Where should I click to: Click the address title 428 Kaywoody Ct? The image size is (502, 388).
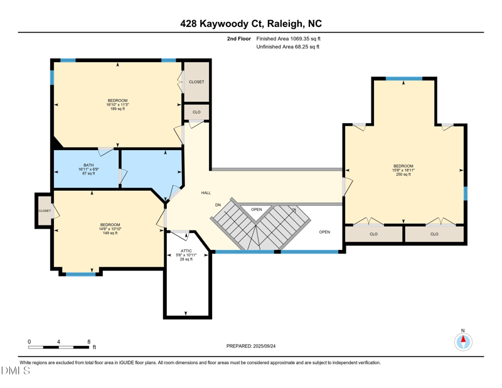251,24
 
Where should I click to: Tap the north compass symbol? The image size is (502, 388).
463,342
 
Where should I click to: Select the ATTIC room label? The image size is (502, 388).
186,254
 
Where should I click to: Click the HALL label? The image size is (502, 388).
206,193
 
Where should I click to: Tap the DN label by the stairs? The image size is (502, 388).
218,205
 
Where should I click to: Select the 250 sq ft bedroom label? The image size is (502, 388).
403,170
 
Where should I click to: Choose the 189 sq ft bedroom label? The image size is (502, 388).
117,105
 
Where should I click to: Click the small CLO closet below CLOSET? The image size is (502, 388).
196,112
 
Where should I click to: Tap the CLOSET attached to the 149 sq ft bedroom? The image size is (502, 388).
44,212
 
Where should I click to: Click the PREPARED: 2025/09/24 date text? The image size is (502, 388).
251,346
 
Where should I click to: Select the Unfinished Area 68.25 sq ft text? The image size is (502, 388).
288,47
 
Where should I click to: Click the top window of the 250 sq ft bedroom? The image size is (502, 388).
403,78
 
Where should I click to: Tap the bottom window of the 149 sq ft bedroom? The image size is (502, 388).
81,274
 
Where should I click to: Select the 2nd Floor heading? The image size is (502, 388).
238,38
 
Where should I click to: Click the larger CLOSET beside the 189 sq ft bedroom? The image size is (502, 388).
196,82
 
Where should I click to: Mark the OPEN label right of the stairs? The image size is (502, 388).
324,232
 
